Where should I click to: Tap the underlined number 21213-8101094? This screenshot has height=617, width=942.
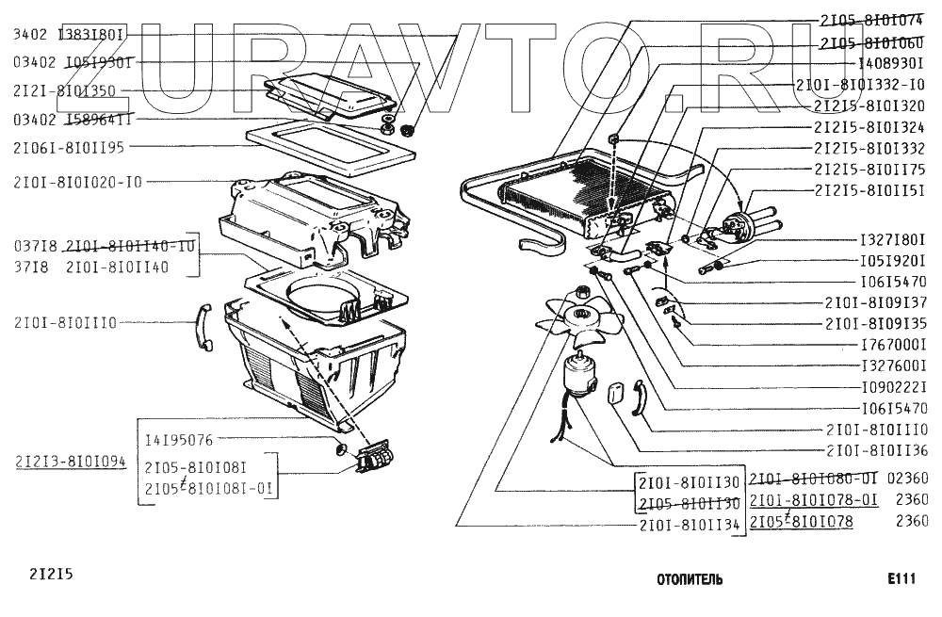click(71, 462)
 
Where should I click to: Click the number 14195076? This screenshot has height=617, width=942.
click(178, 439)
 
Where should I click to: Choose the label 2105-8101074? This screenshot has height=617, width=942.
click(870, 19)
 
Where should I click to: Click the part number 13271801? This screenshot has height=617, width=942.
click(894, 240)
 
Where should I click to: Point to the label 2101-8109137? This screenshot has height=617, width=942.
click(876, 302)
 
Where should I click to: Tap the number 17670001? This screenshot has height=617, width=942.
click(894, 345)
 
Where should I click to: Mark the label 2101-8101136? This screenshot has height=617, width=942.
click(876, 450)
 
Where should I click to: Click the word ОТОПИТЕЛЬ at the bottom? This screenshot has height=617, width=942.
click(690, 580)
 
